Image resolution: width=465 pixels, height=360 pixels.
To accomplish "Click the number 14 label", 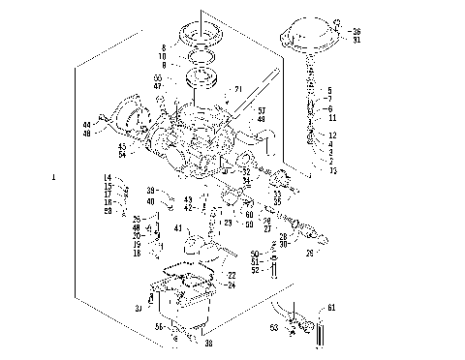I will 108,177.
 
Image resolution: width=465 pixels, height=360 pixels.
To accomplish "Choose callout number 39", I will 150,191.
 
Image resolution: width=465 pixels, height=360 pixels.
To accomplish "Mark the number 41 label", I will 178,228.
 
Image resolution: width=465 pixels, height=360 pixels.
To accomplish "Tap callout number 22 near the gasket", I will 232,276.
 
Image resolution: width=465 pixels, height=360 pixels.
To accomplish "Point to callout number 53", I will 273,328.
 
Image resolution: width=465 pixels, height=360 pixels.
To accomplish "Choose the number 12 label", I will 331,135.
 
